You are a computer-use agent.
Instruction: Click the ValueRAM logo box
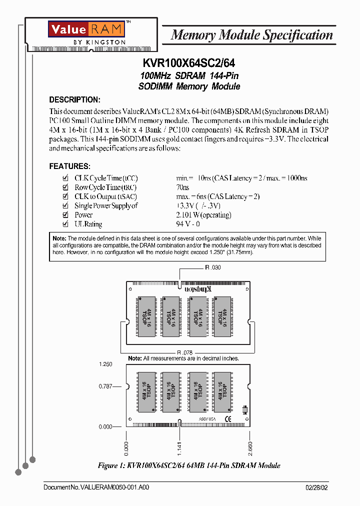[86, 29]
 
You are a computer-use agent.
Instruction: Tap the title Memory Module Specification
[251, 35]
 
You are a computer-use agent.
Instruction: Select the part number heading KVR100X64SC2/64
[189, 63]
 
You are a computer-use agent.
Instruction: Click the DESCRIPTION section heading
[74, 99]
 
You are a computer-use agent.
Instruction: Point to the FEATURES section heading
[69, 166]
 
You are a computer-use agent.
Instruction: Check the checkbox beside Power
[65, 215]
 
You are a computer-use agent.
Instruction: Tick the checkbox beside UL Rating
[65, 224]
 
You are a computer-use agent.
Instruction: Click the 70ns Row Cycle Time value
[182, 187]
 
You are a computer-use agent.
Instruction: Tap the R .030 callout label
[212, 267]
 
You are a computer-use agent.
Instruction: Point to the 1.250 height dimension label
[105, 364]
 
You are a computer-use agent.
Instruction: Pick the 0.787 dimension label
[105, 386]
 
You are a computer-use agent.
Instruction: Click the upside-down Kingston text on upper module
[198, 289]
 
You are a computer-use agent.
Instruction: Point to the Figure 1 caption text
[189, 465]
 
